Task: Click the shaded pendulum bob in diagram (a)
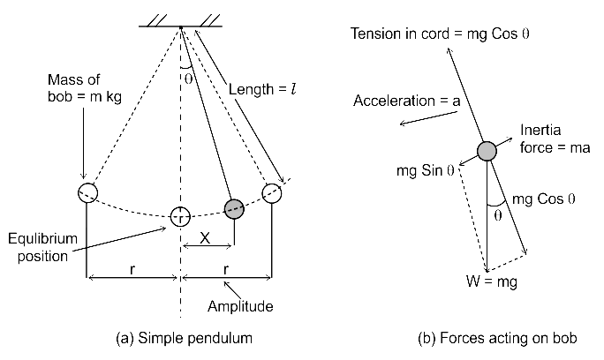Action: coord(234,209)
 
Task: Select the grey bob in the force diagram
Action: coord(487,151)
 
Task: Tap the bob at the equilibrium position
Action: coord(180,217)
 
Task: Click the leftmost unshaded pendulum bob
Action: coord(87,192)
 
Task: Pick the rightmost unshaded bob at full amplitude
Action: coord(272,193)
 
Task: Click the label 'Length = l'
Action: coord(262,89)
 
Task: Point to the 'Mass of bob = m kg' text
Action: coord(85,88)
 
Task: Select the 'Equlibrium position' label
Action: coord(42,247)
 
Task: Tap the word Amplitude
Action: coord(240,306)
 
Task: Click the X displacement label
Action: coord(205,238)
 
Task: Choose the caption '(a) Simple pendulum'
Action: coord(185,338)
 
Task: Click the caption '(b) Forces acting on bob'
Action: coord(497,338)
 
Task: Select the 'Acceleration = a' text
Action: coord(407,101)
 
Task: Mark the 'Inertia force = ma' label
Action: coord(555,139)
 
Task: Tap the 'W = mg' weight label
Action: coord(492,281)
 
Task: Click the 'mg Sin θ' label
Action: coord(426,170)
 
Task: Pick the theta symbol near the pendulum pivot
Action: coord(188,79)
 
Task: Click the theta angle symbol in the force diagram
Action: coord(498,215)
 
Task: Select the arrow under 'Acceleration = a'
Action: coord(429,118)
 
